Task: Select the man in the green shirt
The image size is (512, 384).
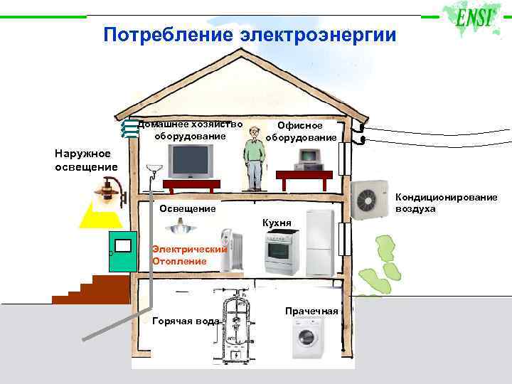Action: coord(252,160)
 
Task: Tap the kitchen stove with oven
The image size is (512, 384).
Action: coord(283,254)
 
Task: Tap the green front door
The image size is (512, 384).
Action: coord(122,250)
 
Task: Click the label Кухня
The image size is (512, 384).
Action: coord(277,223)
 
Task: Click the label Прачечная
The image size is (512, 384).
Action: coord(311,311)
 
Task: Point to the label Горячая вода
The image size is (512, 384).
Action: coord(186,321)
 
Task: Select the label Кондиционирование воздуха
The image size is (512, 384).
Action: coord(446,203)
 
